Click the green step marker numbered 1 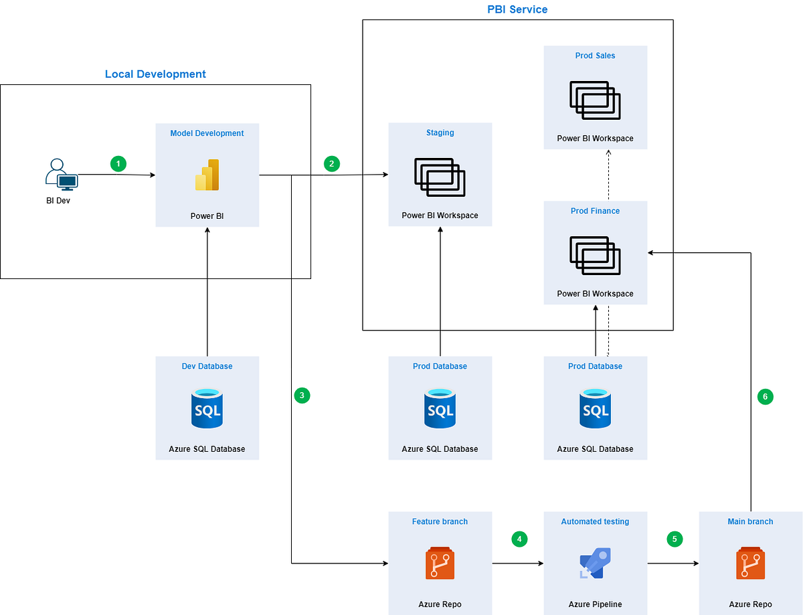click(x=118, y=163)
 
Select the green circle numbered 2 click(x=332, y=163)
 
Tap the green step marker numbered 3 click(x=302, y=396)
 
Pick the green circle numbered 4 click(x=519, y=539)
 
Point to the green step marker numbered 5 click(x=675, y=539)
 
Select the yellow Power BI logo click(x=207, y=175)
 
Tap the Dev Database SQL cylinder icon click(x=207, y=408)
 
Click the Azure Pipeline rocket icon click(x=595, y=563)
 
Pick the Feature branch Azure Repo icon click(x=440, y=563)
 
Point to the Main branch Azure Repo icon click(x=751, y=563)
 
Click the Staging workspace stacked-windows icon click(x=440, y=177)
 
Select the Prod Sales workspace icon click(x=595, y=100)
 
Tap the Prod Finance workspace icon click(x=595, y=255)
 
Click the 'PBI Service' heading click(x=517, y=9)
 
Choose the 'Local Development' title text click(x=155, y=74)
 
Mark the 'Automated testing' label click(x=595, y=521)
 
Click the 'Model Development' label click(x=207, y=133)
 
